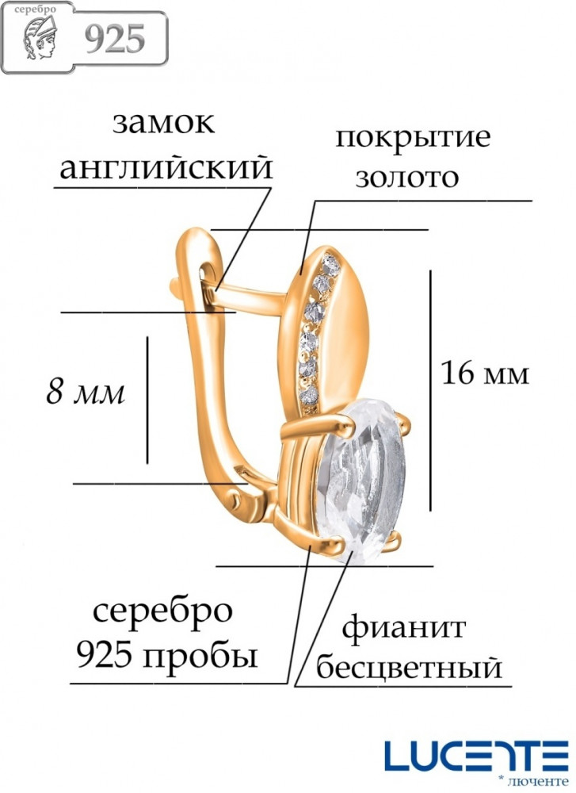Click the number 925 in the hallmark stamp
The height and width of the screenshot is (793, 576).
tap(115, 39)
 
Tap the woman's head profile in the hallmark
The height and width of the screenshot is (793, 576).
tap(41, 37)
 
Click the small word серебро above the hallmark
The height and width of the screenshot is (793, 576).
tap(36, 9)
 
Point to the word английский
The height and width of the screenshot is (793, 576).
tap(166, 167)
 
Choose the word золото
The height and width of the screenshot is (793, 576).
tap(407, 178)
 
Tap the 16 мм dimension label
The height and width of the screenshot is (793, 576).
tap(485, 374)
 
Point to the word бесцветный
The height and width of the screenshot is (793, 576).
tap(410, 668)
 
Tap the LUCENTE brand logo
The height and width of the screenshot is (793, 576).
tap(476, 756)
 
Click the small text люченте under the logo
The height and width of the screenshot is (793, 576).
tap(538, 780)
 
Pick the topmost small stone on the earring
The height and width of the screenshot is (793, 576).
tap(331, 265)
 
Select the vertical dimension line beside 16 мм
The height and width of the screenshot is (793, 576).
tap(430, 390)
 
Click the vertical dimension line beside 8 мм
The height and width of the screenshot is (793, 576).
tap(147, 400)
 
